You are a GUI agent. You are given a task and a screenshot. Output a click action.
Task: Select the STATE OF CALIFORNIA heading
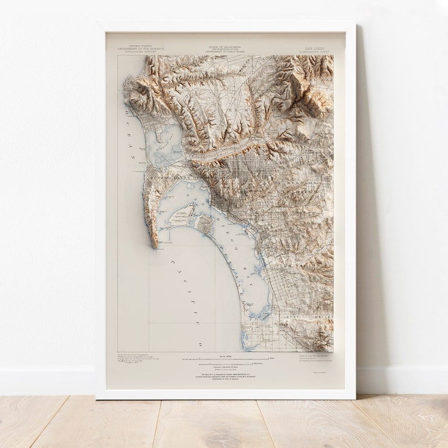[225, 47]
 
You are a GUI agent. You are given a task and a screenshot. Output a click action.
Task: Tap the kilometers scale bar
[226, 363]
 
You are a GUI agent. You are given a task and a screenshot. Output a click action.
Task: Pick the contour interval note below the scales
[226, 367]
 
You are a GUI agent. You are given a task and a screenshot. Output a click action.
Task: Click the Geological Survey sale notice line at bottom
[226, 374]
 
